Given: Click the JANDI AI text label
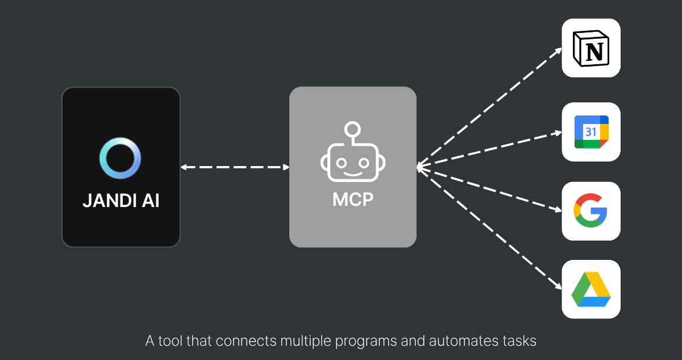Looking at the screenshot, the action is (121, 201).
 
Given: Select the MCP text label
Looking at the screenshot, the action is (353, 200).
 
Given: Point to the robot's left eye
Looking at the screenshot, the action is (342, 163).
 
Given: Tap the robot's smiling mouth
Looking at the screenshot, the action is (353, 175).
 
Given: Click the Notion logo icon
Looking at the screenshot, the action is (591, 48).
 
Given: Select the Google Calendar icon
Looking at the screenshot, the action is (591, 132).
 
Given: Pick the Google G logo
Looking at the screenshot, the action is (590, 210).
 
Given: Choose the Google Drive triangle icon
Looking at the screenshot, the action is (591, 289).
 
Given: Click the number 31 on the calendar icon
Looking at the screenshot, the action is (591, 132).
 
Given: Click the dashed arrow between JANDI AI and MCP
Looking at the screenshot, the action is (235, 167).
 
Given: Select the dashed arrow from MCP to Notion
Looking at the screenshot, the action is (489, 107).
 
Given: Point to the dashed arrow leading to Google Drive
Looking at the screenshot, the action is (489, 228).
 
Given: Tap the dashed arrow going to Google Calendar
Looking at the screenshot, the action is (489, 150).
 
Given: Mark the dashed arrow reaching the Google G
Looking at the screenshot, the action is (489, 188).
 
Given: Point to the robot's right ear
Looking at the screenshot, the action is (382, 163).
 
